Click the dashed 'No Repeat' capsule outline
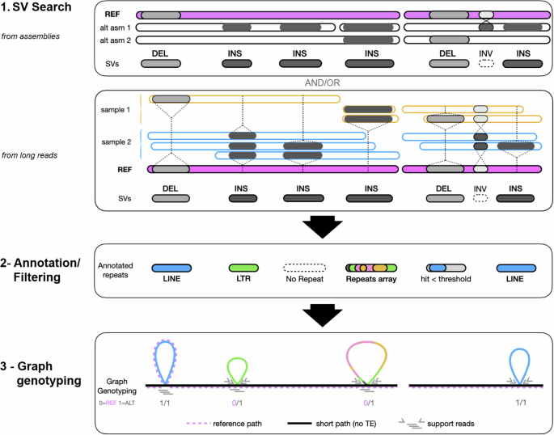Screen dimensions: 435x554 point(304,267)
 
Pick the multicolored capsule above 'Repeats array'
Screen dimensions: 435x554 point(371,267)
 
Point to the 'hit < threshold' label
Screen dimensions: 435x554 point(447,282)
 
